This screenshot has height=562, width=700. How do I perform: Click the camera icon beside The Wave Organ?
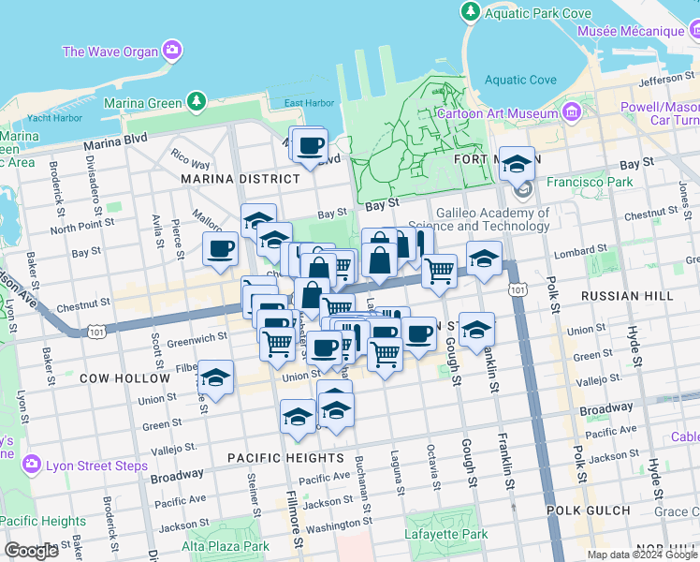point(171,50)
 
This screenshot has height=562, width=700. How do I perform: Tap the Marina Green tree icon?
point(196,100)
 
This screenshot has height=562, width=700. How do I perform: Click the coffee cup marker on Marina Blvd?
point(310,146)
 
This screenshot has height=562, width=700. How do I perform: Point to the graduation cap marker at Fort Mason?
point(516,164)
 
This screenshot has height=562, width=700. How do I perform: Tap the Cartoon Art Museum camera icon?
point(571,113)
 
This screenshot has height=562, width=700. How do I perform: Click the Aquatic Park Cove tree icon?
point(471,11)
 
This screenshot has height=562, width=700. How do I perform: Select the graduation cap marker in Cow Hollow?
point(216,378)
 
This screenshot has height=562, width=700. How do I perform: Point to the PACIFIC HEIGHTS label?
point(286,458)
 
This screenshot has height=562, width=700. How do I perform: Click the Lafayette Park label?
point(448,535)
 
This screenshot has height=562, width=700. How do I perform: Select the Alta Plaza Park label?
point(226,546)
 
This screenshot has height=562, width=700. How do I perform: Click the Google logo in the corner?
point(32,550)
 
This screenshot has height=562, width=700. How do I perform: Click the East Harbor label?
point(309,103)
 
